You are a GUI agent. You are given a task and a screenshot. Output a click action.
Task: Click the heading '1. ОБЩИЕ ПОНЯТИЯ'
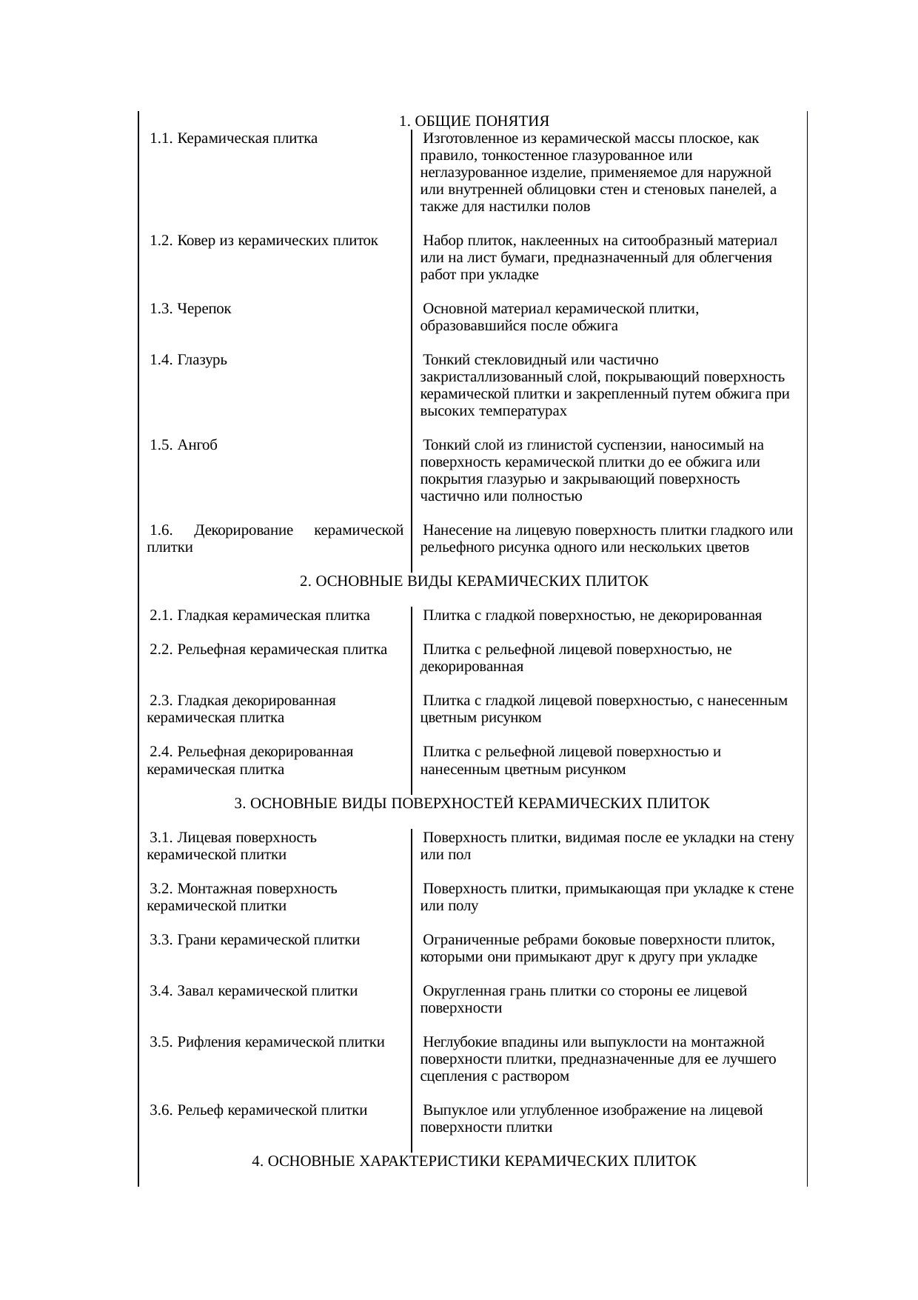[x=474, y=121]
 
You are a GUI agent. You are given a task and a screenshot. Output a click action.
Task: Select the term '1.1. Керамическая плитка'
[x=233, y=139]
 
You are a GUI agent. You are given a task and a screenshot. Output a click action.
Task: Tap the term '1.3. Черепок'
[x=190, y=309]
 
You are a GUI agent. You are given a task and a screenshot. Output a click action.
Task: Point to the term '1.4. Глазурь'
[x=188, y=360]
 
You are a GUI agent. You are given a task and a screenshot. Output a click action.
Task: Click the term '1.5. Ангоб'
[x=183, y=445]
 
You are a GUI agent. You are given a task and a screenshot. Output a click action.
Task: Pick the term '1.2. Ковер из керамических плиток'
[x=264, y=241]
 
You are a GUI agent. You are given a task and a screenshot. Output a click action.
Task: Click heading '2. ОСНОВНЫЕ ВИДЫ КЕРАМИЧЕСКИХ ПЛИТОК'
[x=474, y=581]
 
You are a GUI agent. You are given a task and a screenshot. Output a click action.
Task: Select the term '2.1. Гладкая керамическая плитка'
[x=259, y=616]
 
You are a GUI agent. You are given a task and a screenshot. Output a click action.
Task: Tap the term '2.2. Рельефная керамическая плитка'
[x=268, y=650]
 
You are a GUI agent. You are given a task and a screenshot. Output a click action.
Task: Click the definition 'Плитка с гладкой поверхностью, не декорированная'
[x=592, y=616]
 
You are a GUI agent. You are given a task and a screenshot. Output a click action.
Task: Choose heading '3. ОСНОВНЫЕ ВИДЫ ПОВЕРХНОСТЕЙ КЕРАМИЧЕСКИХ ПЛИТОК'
[x=472, y=804]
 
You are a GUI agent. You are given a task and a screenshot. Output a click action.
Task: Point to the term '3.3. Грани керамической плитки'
[x=255, y=940]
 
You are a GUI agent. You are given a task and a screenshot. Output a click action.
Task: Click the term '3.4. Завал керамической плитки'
[x=253, y=991]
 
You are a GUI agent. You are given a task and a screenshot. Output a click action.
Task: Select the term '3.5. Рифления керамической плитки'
[x=267, y=1042]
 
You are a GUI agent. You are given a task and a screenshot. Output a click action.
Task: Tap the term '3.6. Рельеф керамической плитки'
[x=258, y=1110]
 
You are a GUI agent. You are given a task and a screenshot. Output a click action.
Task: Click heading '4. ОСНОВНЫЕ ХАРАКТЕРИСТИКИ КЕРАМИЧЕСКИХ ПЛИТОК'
[x=474, y=1161]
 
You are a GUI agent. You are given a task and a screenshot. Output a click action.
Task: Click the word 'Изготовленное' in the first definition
[x=463, y=139]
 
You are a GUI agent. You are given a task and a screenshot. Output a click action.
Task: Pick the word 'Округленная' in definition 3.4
[x=460, y=991]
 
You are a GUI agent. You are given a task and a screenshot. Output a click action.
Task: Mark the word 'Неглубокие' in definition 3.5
[x=458, y=1042]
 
